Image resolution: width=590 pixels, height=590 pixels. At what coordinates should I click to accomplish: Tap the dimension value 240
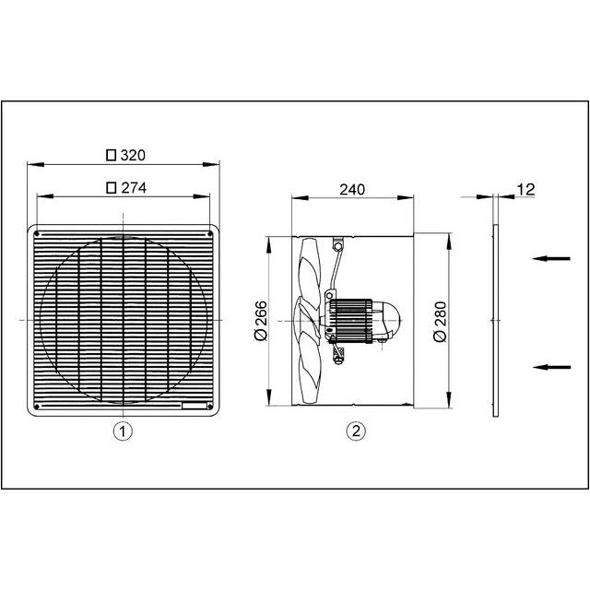coord(352,189)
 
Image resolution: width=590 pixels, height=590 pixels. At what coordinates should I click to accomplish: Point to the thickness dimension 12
coord(526,189)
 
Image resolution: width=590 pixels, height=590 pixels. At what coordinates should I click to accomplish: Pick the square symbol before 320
coord(112,155)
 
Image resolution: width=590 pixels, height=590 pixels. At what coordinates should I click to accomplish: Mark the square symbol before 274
coord(112,186)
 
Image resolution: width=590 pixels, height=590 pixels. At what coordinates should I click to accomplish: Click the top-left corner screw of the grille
coord(37,234)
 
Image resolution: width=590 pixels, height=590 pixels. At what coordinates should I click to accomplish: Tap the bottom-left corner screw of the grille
coord(37,406)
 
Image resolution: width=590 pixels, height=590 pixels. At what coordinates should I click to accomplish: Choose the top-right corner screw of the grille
coord(211,234)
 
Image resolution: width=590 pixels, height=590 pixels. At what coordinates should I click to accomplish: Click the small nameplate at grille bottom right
coord(196,406)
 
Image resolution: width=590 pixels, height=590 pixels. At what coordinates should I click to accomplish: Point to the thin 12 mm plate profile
coord(494,318)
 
